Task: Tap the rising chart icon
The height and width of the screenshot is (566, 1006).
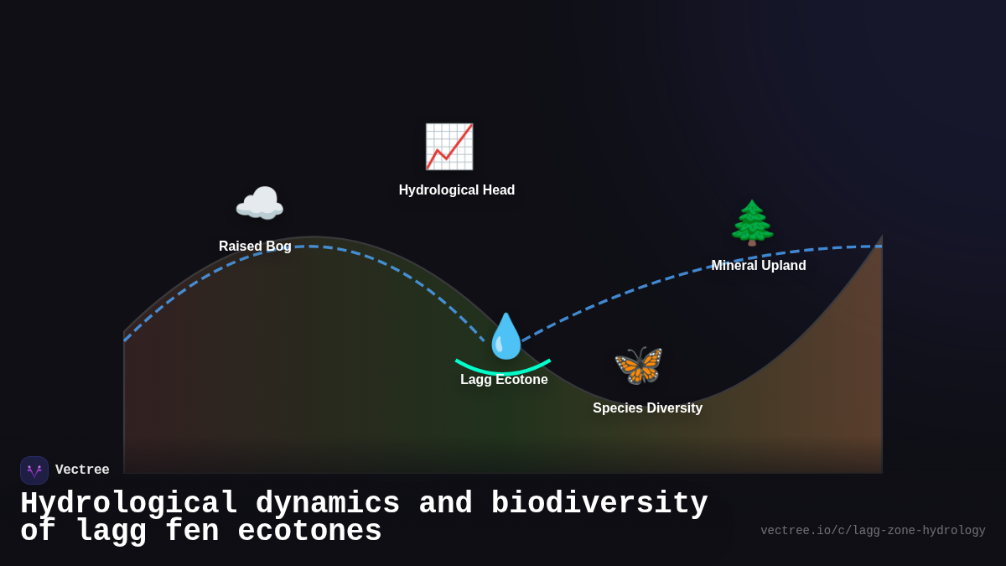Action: tap(449, 147)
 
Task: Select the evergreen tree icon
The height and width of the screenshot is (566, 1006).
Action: tap(752, 223)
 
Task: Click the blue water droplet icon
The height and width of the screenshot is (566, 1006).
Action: tap(506, 336)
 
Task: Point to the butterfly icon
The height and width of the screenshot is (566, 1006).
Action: tap(639, 366)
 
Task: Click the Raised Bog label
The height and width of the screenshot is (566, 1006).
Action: tap(255, 247)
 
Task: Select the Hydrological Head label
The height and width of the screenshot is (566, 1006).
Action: tap(457, 190)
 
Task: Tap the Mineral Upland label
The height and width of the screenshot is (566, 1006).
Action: tap(759, 266)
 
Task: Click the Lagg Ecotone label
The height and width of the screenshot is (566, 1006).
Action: tap(504, 380)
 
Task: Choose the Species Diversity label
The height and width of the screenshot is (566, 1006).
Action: tap(647, 408)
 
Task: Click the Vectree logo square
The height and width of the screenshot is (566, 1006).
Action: tap(34, 470)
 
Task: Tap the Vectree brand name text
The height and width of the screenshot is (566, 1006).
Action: tap(82, 470)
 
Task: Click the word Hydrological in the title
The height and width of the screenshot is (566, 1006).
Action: tap(129, 504)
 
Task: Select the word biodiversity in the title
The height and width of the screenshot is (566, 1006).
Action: tap(599, 504)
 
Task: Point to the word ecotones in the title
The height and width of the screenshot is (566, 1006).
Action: tap(309, 532)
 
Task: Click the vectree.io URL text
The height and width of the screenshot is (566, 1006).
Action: tap(873, 531)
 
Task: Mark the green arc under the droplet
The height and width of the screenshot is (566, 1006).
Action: tap(503, 370)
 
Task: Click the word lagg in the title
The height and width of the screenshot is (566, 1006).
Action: tap(111, 532)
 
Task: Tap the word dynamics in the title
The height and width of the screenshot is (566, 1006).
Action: tap(328, 504)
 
